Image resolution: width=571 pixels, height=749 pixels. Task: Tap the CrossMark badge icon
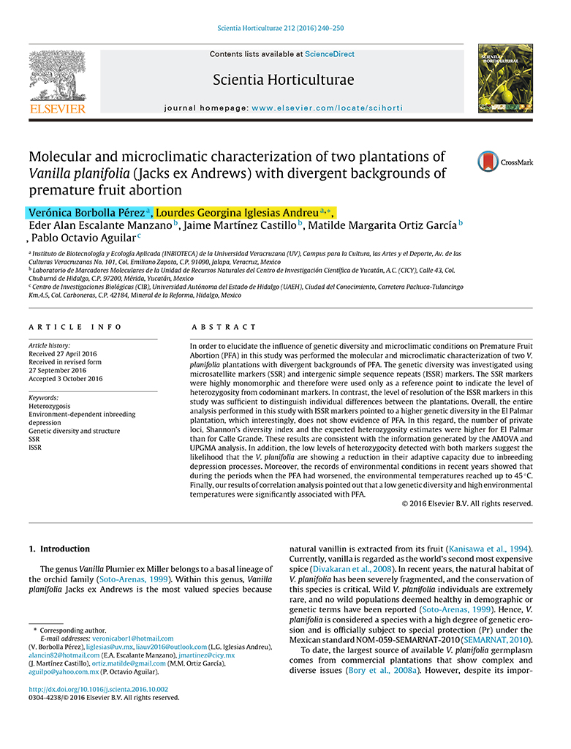pyautogui.click(x=488, y=161)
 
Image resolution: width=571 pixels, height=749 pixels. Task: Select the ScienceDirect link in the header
pyautogui.click(x=330, y=54)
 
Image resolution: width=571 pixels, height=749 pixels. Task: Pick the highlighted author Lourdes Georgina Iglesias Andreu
pyautogui.click(x=241, y=212)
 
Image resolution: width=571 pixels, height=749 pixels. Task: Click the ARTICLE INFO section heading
pyautogui.click(x=75, y=327)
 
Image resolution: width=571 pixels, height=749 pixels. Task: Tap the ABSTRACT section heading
pyautogui.click(x=224, y=327)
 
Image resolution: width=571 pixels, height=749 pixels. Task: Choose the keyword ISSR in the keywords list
pyautogui.click(x=35, y=448)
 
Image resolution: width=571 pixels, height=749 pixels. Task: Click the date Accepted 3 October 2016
pyautogui.click(x=65, y=379)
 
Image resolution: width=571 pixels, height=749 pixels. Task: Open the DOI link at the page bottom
pyautogui.click(x=98, y=689)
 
